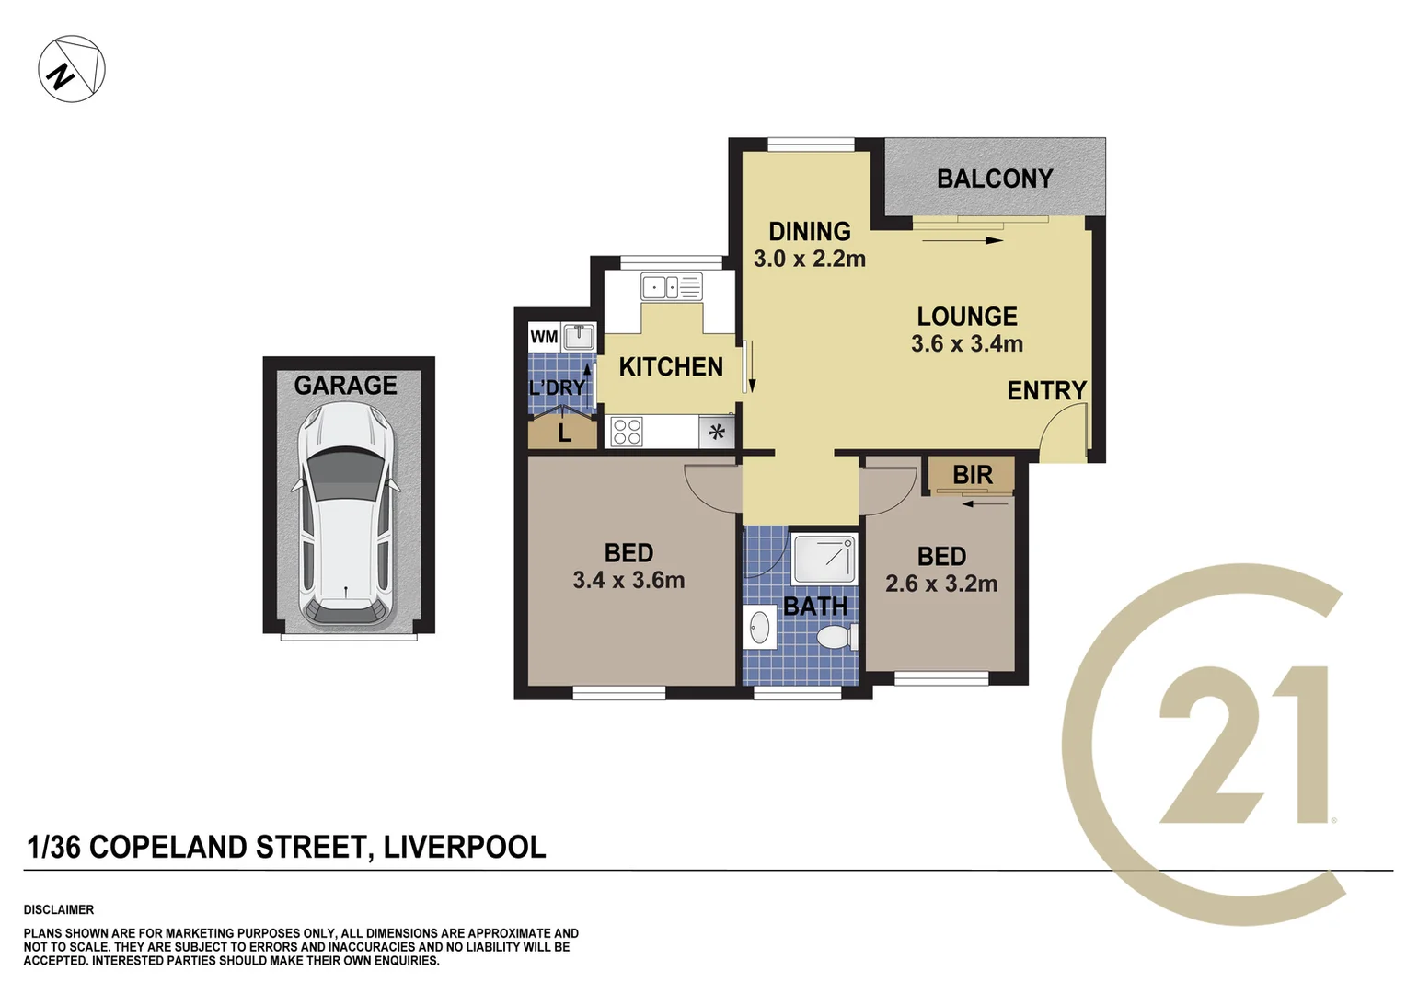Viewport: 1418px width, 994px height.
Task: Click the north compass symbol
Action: click(x=71, y=69)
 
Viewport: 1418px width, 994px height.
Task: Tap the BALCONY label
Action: click(x=994, y=179)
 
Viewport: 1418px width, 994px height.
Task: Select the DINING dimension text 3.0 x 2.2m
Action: click(x=809, y=260)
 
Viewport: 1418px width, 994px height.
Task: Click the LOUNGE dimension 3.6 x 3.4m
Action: click(x=966, y=344)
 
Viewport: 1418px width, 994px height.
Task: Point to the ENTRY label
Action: click(x=1046, y=391)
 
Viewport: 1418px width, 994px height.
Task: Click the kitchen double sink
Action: click(x=671, y=287)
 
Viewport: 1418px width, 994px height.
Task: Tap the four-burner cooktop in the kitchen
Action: click(x=627, y=432)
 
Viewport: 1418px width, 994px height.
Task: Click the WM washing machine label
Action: click(x=543, y=337)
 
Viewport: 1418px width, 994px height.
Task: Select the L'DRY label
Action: click(x=557, y=388)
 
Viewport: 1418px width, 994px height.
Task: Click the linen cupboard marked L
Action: click(x=564, y=433)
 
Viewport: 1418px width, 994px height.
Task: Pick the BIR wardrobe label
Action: click(x=972, y=476)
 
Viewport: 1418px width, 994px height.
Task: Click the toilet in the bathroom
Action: click(x=836, y=637)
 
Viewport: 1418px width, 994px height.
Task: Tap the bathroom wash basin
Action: click(x=760, y=629)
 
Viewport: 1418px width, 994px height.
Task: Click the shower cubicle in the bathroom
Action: click(x=824, y=559)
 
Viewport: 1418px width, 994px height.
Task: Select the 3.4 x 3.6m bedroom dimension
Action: click(x=628, y=581)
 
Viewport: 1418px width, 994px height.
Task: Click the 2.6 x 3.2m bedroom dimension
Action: click(x=940, y=584)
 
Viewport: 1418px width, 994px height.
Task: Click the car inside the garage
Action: click(x=346, y=515)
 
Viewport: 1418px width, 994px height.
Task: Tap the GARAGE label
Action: click(x=345, y=386)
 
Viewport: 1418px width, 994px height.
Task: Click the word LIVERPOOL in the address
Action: click(x=464, y=847)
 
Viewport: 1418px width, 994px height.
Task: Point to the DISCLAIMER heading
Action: click(x=59, y=909)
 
